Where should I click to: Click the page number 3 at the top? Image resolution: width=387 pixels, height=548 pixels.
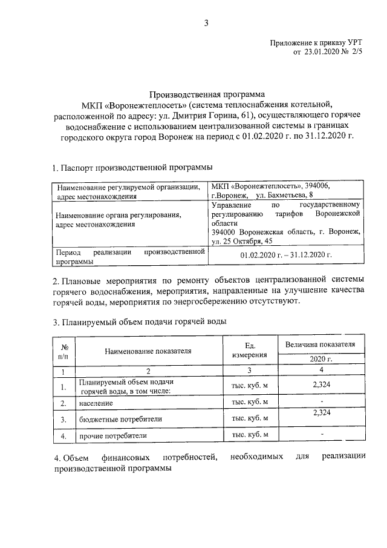tap(207, 24)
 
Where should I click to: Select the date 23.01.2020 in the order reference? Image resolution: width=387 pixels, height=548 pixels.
tap(323, 53)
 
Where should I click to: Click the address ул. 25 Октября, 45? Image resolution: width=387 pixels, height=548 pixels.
tap(242, 241)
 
